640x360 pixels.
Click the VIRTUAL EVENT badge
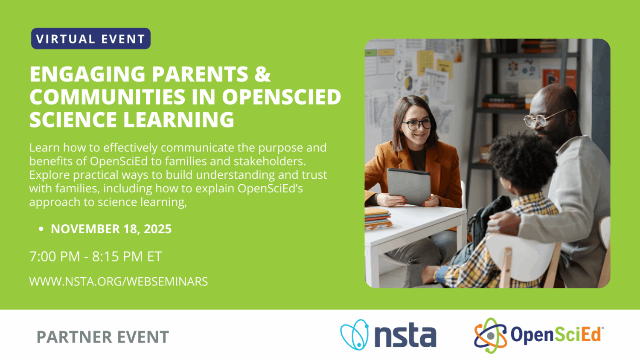click(91, 39)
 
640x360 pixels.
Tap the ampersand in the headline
click(262, 74)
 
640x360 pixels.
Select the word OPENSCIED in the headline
click(281, 97)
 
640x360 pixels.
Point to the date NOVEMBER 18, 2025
click(111, 229)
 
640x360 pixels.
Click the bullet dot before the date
click(41, 229)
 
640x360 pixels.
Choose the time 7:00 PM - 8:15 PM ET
click(96, 256)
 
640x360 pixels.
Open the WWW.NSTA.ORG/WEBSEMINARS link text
click(118, 282)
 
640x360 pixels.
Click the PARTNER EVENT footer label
click(103, 337)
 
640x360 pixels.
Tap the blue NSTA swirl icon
click(355, 335)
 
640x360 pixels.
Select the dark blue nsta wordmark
click(405, 336)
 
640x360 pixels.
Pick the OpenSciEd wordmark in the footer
click(556, 335)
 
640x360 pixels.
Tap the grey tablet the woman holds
click(408, 186)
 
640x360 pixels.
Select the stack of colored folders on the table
click(377, 218)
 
